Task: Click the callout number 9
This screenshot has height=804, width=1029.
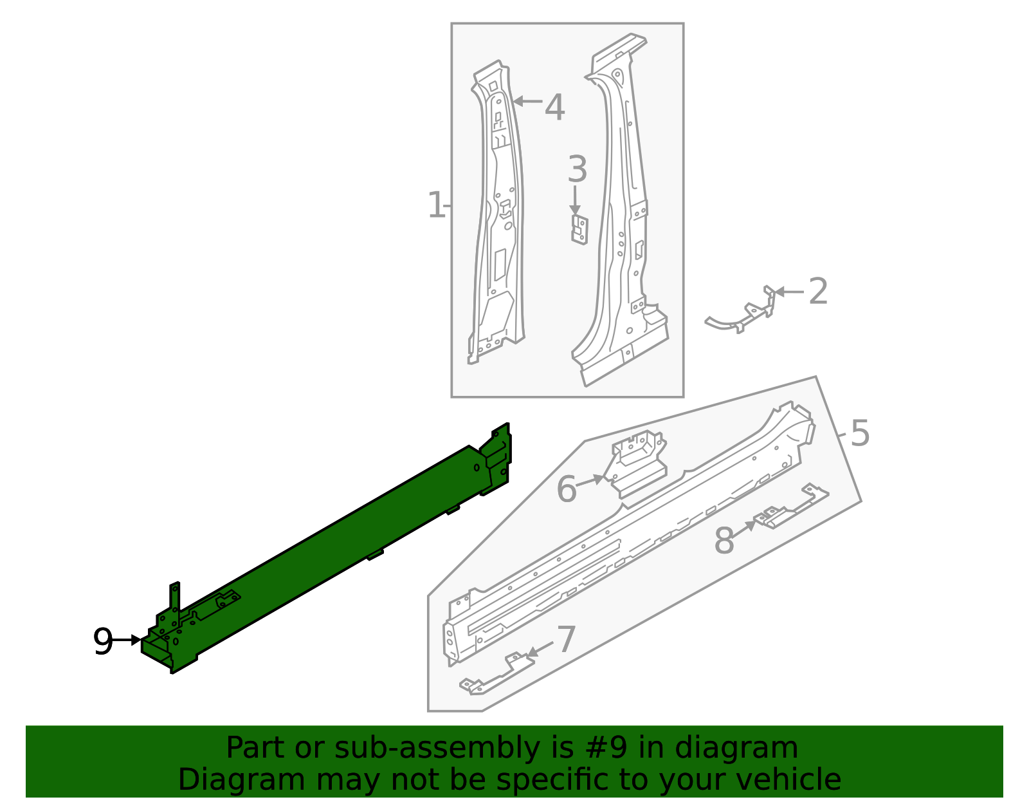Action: coord(103,641)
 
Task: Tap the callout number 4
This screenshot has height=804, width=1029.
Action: coord(554,108)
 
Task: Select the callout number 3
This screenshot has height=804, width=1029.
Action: coord(577,170)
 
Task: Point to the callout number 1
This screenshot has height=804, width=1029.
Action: coord(435,205)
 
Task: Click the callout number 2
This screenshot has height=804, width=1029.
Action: coord(817,292)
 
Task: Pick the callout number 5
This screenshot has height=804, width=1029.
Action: coord(860,433)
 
